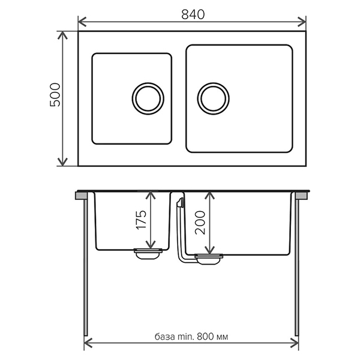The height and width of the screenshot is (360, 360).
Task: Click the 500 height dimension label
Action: tap(55, 94)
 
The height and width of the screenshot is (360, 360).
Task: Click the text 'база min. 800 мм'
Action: tap(191, 336)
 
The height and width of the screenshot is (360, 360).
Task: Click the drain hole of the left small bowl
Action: tap(147, 98)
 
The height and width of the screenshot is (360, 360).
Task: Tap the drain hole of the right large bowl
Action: tap(213, 98)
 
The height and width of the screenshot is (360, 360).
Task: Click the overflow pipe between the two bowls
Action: tap(180, 228)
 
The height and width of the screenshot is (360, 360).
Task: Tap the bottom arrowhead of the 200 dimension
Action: tap(208, 250)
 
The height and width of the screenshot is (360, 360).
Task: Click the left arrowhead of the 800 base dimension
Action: tap(87, 344)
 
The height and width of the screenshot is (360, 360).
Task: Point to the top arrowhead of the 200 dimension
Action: tap(208, 196)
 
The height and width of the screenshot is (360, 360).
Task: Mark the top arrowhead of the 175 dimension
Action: tap(151, 196)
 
